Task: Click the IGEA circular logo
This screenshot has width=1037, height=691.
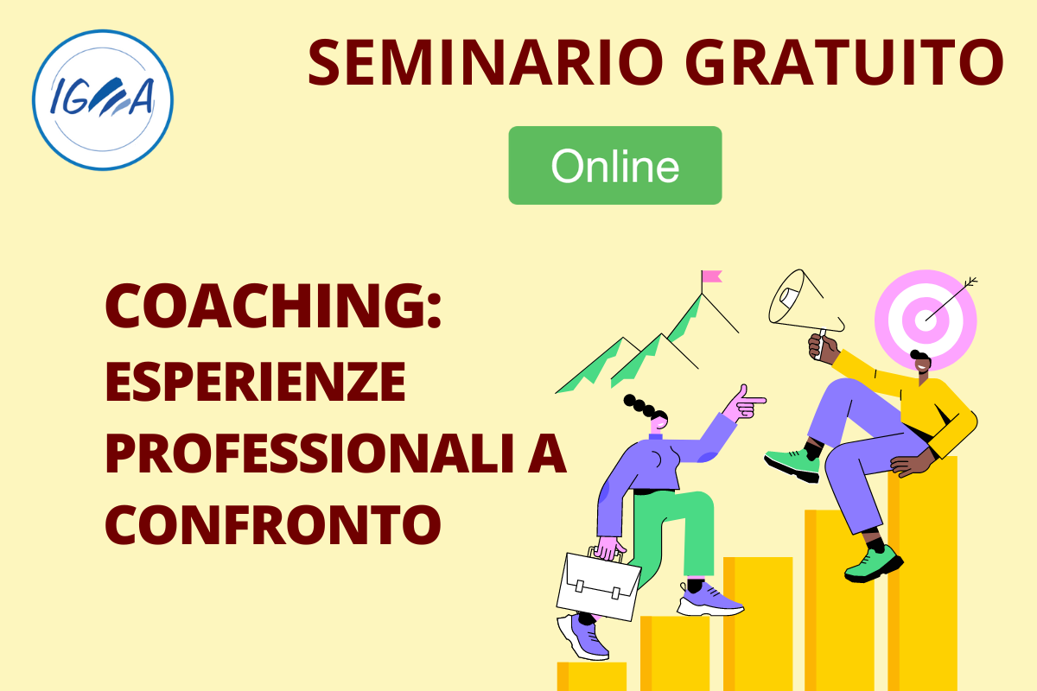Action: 103,100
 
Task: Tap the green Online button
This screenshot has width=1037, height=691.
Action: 614,165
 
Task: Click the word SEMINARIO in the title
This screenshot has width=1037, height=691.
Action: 486,62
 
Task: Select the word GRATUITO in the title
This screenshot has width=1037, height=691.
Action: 844,62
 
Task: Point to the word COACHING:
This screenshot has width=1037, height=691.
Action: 273,306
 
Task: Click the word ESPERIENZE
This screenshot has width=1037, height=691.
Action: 256,382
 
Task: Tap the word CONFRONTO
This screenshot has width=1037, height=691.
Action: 273,524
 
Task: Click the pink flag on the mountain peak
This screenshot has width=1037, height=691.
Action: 711,276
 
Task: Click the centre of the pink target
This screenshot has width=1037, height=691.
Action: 926,320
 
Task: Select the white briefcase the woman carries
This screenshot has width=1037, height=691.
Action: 598,586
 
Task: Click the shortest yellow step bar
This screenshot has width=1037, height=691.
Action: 592,676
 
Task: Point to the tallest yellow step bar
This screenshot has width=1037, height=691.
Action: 923,574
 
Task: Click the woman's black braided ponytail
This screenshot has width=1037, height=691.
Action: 644,407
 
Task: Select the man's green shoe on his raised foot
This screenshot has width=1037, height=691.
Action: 792,465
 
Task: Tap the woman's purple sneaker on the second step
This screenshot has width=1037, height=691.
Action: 709,600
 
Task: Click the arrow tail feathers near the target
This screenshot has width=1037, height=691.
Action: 970,282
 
